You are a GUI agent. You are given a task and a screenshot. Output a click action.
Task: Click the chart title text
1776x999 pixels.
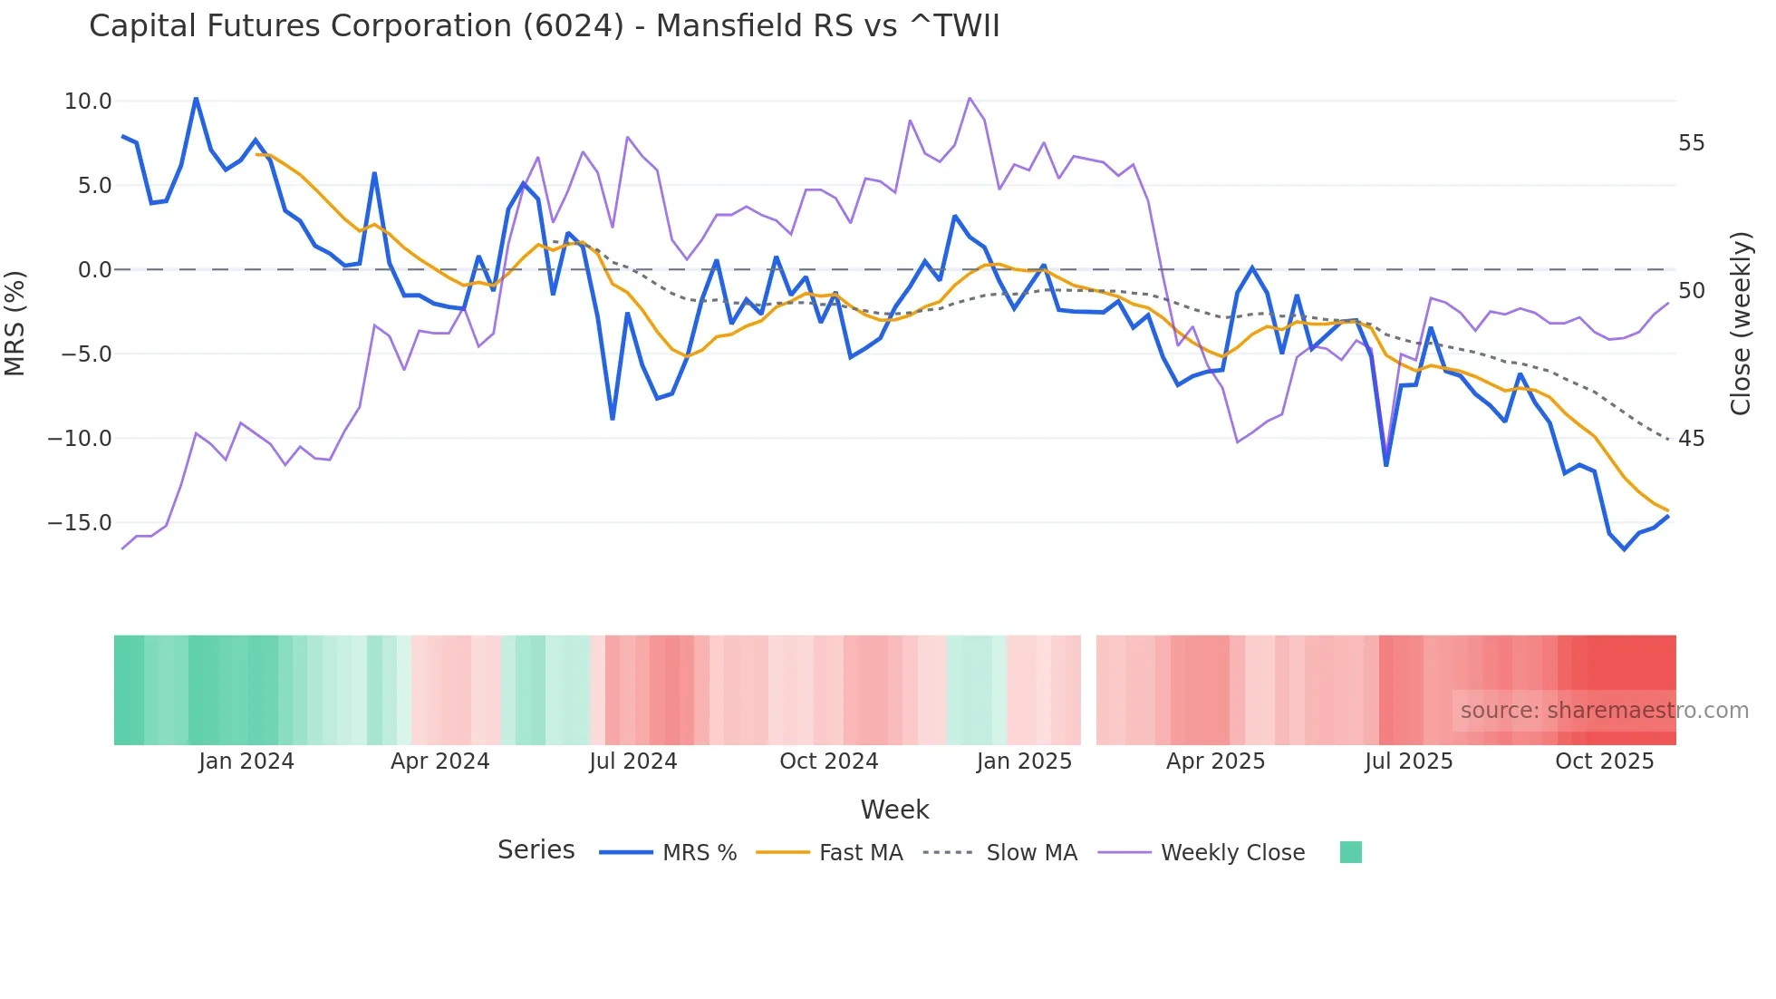[x=544, y=26]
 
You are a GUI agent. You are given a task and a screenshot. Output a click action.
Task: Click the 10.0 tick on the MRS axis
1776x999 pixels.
[x=88, y=102]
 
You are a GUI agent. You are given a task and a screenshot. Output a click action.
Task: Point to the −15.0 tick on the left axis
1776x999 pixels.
[x=81, y=523]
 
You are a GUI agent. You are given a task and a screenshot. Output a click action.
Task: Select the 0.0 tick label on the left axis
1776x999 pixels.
[x=94, y=270]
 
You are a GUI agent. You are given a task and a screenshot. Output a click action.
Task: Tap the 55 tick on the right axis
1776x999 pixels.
[x=1691, y=143]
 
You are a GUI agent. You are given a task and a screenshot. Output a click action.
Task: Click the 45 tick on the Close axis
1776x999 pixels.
[x=1691, y=439]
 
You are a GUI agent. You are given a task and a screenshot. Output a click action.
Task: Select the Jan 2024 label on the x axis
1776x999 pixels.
[x=246, y=761]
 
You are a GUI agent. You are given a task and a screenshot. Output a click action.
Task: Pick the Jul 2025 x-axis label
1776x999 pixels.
[x=1408, y=761]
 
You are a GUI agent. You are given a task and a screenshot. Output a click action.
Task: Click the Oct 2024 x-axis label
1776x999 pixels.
[x=828, y=761]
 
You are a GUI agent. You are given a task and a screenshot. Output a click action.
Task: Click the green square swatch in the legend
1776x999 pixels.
[x=1350, y=852]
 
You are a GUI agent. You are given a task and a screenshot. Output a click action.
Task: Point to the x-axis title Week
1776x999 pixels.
[x=894, y=810]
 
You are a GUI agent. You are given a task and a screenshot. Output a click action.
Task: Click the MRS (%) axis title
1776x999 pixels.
[x=15, y=324]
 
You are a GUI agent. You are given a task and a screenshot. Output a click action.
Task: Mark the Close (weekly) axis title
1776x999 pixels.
[x=1740, y=324]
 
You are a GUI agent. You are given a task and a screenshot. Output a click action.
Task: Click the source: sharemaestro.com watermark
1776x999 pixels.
[x=1604, y=711]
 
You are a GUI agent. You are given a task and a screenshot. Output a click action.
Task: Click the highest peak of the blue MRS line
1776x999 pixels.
[x=196, y=98]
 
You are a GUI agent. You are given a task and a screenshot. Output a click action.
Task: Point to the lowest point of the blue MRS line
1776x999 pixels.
[x=1624, y=549]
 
